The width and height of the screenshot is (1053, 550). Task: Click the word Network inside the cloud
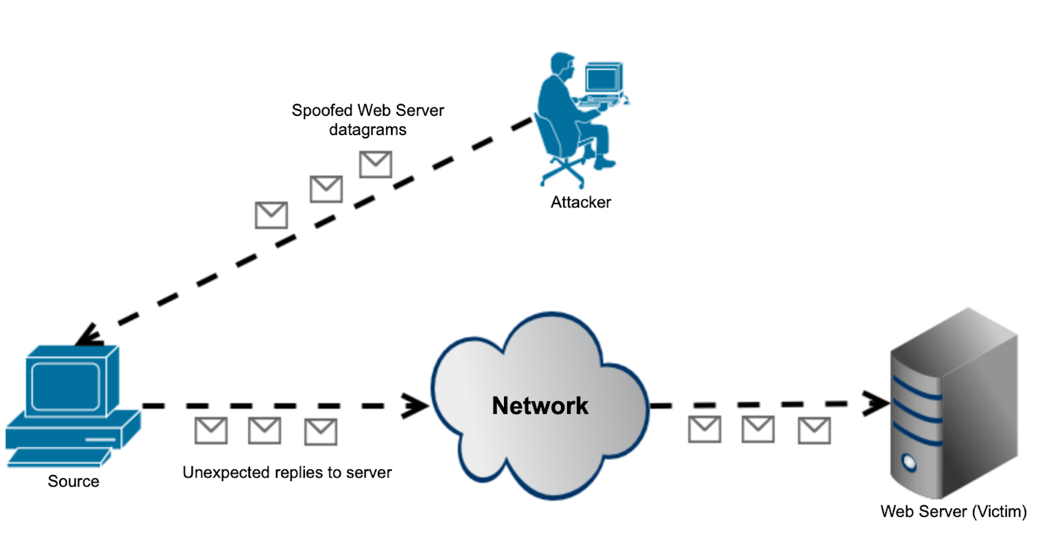pyautogui.click(x=540, y=406)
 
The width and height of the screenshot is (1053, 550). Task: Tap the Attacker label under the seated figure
pyautogui.click(x=580, y=203)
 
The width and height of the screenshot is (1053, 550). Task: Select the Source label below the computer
pyautogui.click(x=73, y=481)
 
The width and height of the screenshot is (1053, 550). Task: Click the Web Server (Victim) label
pyautogui.click(x=953, y=512)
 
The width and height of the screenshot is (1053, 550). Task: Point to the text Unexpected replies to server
pyautogui.click(x=287, y=473)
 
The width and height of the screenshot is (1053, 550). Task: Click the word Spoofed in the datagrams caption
pyautogui.click(x=321, y=110)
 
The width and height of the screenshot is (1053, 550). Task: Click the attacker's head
pyautogui.click(x=563, y=65)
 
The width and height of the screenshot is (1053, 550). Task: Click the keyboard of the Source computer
pyautogui.click(x=58, y=457)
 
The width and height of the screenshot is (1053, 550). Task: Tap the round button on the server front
pyautogui.click(x=909, y=462)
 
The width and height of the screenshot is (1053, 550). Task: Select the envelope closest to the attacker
pyautogui.click(x=375, y=164)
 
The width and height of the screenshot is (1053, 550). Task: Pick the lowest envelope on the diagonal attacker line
pyautogui.click(x=271, y=215)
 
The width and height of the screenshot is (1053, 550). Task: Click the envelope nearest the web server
pyautogui.click(x=814, y=431)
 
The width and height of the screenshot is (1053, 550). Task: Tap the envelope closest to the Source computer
pyautogui.click(x=211, y=431)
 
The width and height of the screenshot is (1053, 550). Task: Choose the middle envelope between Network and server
pyautogui.click(x=758, y=429)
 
